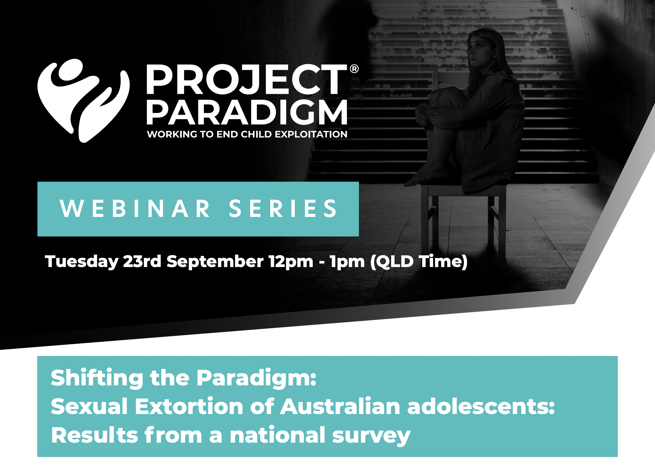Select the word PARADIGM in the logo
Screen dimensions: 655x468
coord(247,112)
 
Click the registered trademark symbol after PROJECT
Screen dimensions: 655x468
coord(354,69)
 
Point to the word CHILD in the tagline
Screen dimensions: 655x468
coord(256,134)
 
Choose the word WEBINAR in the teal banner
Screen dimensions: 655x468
coord(135,208)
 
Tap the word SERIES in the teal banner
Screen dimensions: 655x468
coord(283,208)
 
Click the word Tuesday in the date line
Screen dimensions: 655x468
coord(82,262)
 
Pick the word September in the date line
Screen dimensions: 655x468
coord(215,262)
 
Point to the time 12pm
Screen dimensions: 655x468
coord(291,262)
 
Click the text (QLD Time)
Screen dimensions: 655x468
coord(419,262)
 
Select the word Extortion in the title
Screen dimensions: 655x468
coord(189,406)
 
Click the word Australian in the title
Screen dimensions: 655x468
coord(340,406)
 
